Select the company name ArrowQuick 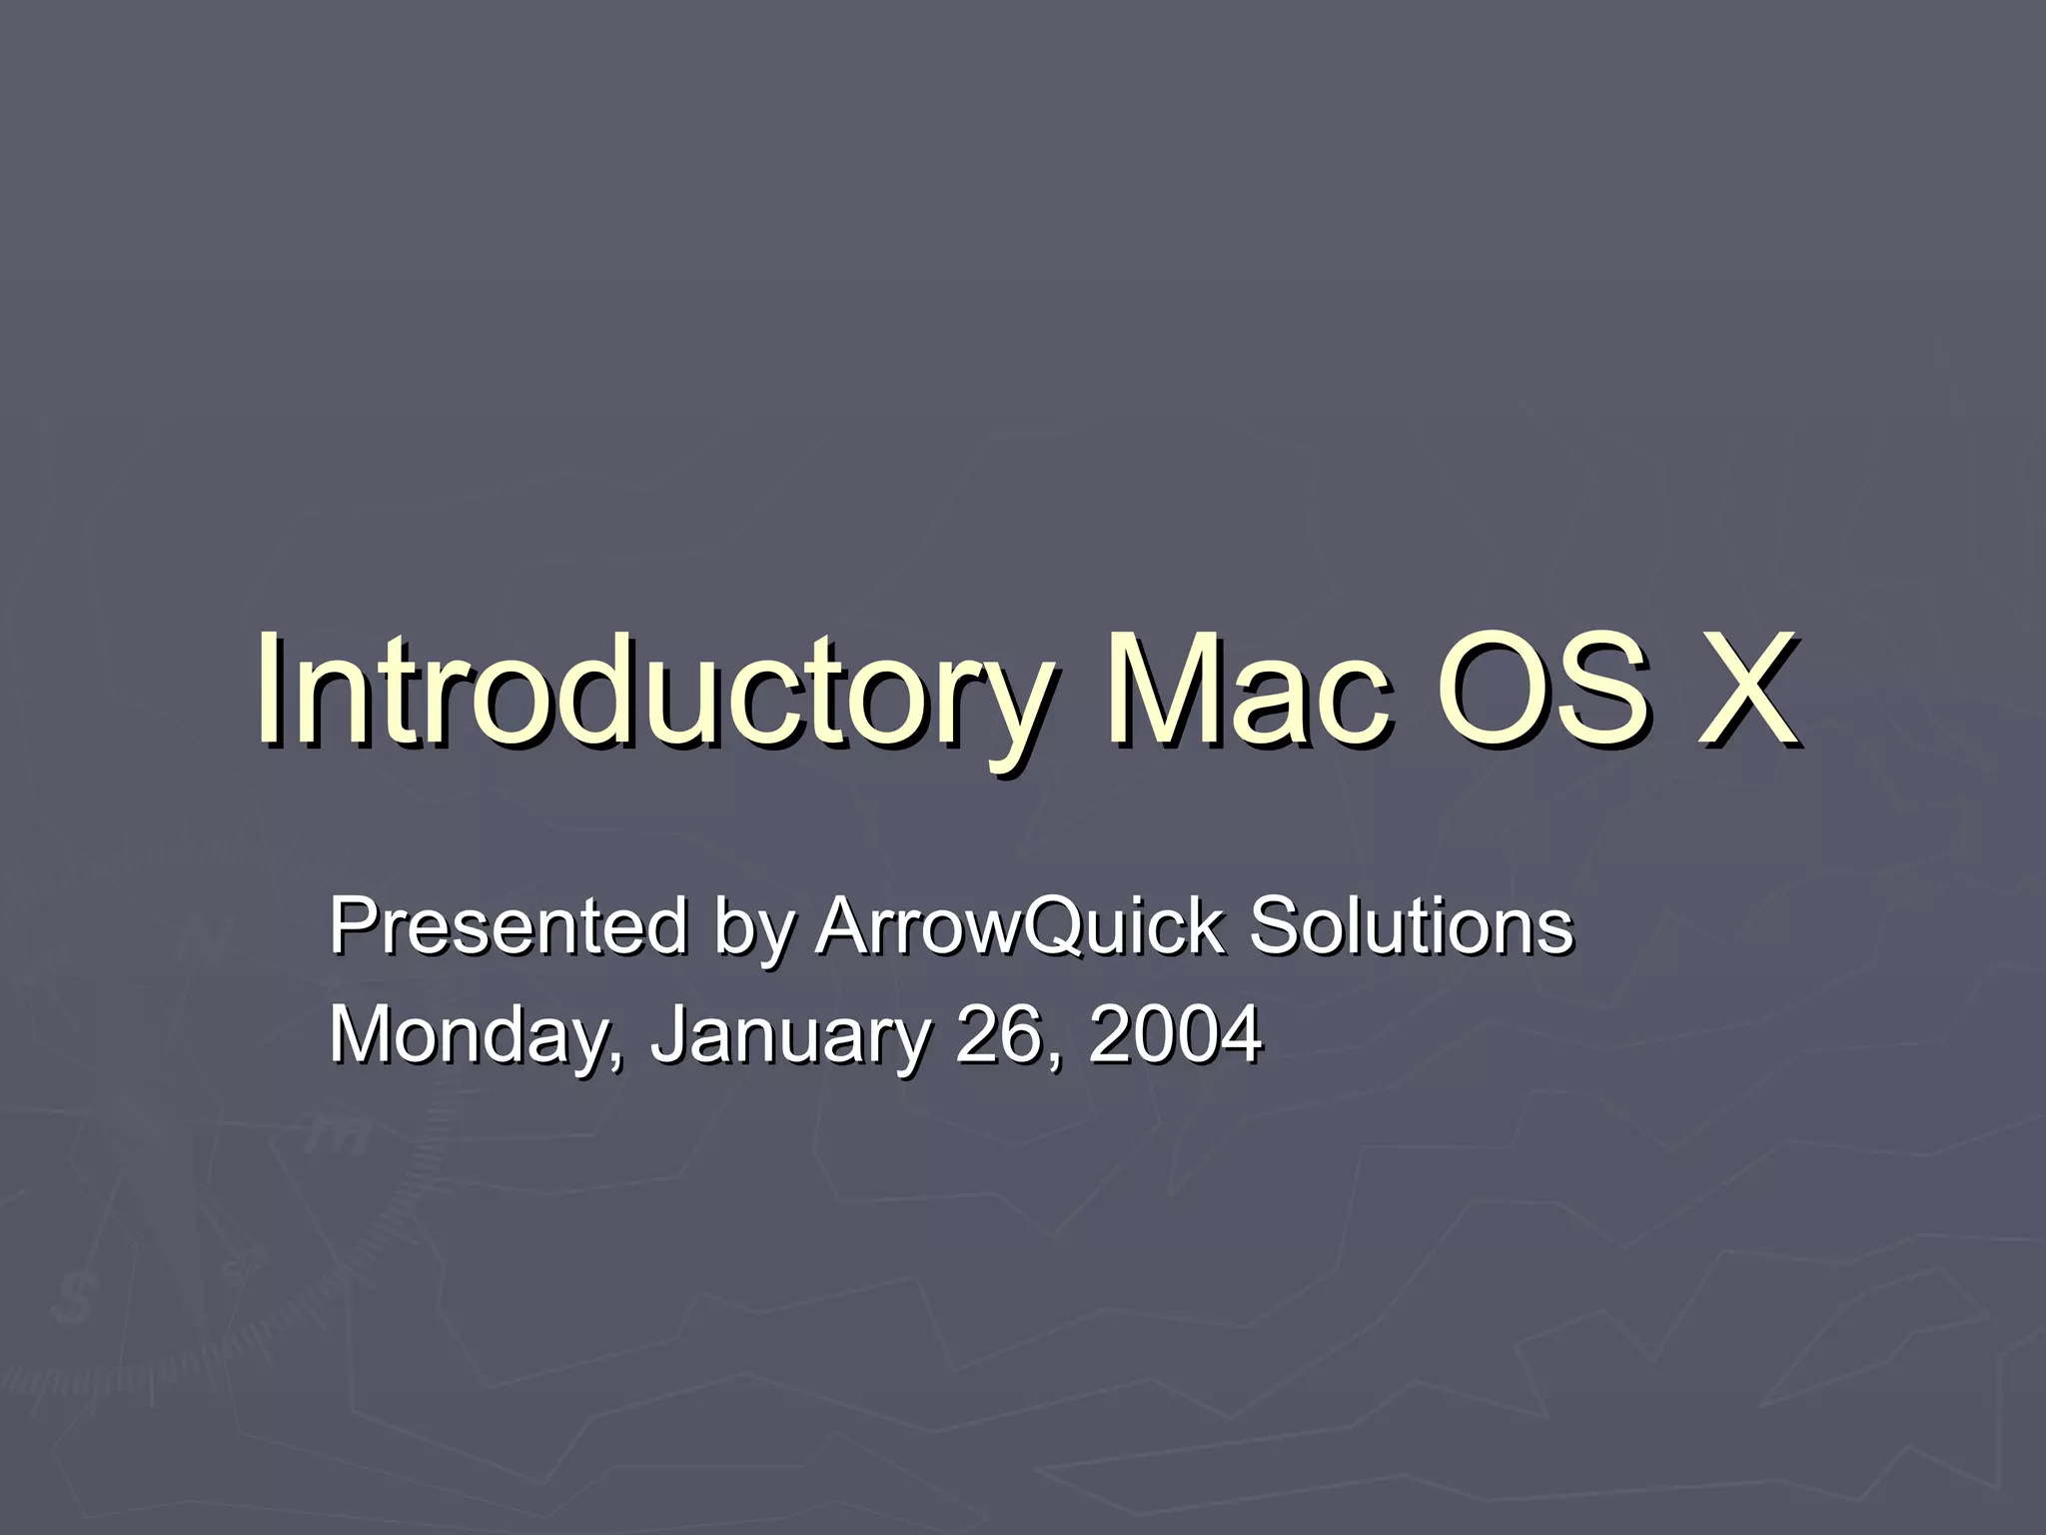1019,926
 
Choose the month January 789,1035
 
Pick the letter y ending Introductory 1004,710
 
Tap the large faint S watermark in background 72,1299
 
